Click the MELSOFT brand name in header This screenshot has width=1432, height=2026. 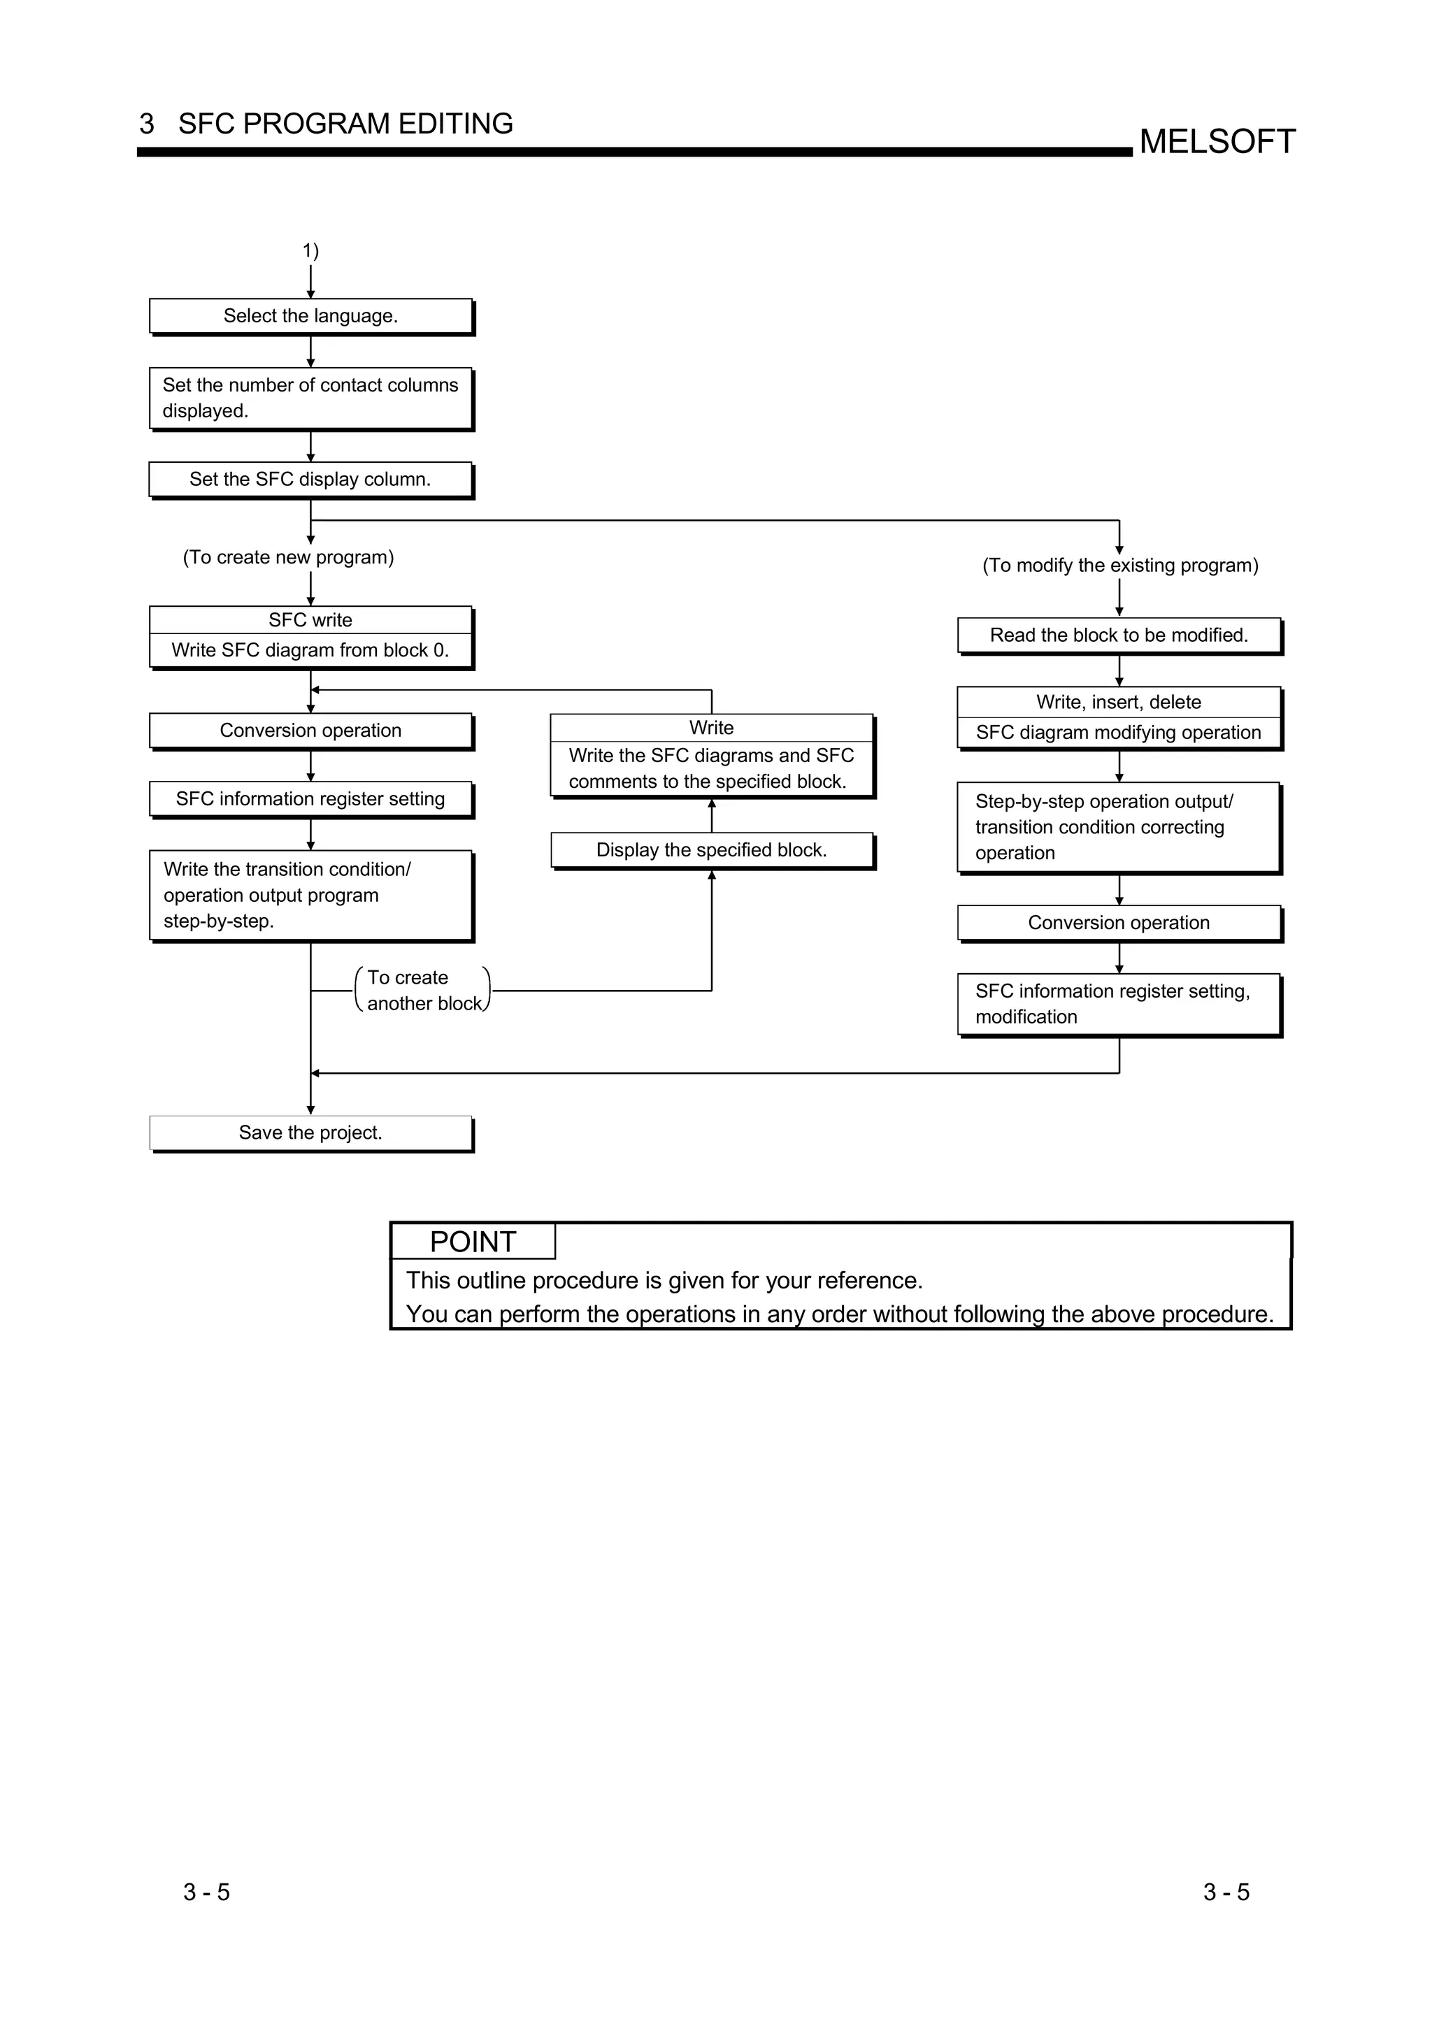click(1217, 142)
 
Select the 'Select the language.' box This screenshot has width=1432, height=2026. click(310, 316)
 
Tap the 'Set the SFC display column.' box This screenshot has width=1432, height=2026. click(310, 479)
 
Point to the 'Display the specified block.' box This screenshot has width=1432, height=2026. click(711, 849)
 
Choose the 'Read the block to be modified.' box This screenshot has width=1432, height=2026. click(1118, 635)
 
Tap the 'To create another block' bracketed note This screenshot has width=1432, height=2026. click(422, 990)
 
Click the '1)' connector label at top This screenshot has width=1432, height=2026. click(310, 250)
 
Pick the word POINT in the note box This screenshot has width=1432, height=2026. click(472, 1242)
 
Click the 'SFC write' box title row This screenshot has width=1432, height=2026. click(310, 620)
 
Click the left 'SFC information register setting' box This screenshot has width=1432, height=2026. click(310, 798)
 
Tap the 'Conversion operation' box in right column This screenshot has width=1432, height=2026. click(1118, 923)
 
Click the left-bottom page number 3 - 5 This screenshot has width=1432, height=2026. click(206, 1892)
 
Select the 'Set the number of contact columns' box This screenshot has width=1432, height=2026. click(310, 398)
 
